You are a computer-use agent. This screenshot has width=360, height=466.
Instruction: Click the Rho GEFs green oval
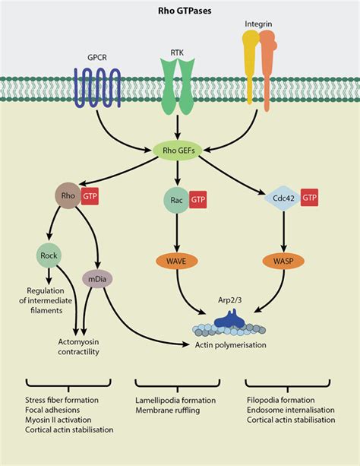(x=178, y=150)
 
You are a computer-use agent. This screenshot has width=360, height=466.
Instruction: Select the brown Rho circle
(x=68, y=195)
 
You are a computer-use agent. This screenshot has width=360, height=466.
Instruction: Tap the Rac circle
(x=176, y=200)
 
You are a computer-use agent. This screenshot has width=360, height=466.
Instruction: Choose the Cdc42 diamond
(x=283, y=198)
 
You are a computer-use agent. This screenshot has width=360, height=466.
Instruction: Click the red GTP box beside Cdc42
(x=310, y=198)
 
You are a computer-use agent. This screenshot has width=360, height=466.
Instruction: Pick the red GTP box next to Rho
(x=90, y=196)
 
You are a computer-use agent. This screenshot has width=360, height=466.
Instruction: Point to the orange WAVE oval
(x=176, y=262)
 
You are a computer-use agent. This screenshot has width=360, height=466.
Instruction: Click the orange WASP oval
(x=283, y=262)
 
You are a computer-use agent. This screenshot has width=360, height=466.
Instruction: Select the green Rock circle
(x=49, y=255)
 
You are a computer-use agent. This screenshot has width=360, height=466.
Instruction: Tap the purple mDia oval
(x=97, y=279)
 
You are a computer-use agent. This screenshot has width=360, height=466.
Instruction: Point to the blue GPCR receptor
(x=97, y=87)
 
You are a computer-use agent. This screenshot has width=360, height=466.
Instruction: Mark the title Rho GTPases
(x=185, y=11)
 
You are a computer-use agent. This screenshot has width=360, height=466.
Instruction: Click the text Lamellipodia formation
(x=175, y=400)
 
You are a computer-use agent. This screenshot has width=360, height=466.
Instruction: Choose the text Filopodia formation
(x=281, y=400)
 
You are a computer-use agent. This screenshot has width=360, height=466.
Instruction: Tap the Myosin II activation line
(x=58, y=420)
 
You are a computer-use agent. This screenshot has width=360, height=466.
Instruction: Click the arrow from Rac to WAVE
(x=177, y=233)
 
